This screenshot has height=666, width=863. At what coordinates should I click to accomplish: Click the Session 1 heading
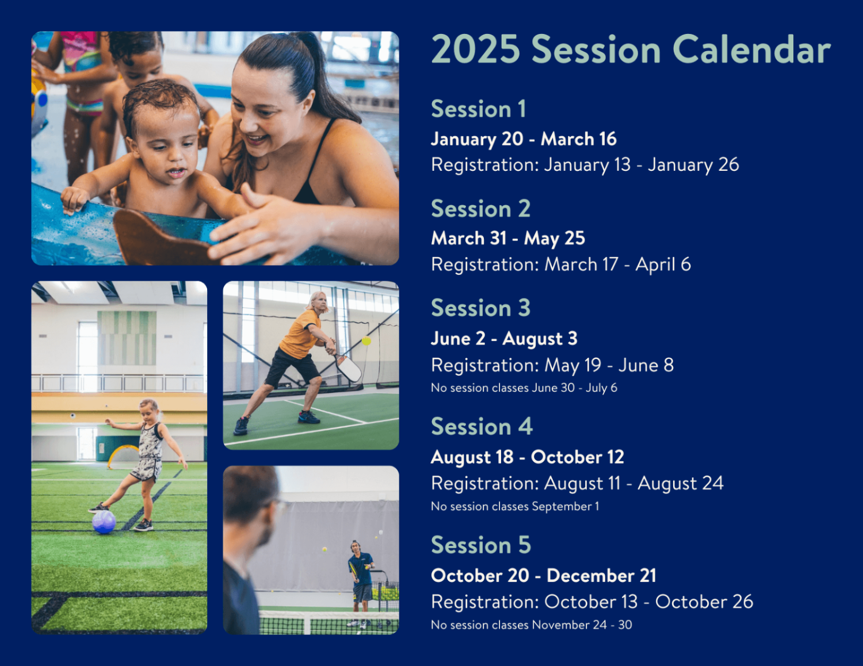click(x=479, y=109)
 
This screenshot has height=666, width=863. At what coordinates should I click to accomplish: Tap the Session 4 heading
click(x=482, y=426)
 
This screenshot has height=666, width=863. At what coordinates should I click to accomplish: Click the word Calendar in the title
click(x=752, y=49)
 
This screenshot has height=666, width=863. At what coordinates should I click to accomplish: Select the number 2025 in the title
click(x=476, y=49)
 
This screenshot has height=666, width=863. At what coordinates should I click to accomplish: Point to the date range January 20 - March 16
click(x=524, y=139)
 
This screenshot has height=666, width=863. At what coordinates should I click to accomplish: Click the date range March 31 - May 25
click(x=508, y=238)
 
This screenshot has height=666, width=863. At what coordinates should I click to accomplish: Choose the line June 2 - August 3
click(x=504, y=339)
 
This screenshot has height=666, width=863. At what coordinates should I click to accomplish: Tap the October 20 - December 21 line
click(x=544, y=576)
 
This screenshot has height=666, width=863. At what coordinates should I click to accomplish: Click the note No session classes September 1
click(x=515, y=507)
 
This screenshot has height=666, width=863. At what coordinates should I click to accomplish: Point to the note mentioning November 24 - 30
click(x=532, y=625)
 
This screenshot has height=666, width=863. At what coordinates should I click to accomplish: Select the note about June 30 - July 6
click(x=524, y=388)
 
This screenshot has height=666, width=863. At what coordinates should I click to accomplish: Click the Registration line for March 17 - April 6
click(x=561, y=265)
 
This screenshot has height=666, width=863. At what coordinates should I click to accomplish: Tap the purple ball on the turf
click(x=104, y=522)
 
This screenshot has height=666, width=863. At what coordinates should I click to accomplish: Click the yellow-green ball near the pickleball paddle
click(x=366, y=341)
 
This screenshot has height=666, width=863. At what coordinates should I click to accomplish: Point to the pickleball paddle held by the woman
click(x=347, y=367)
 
